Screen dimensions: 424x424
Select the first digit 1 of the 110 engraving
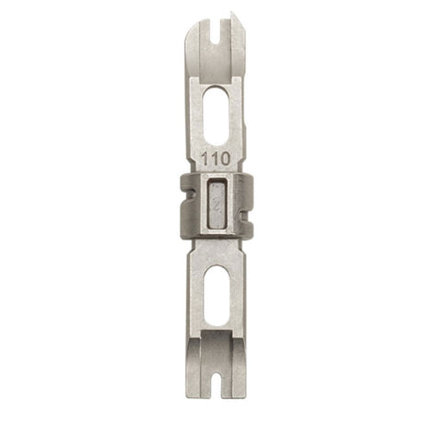[x=206, y=158]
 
